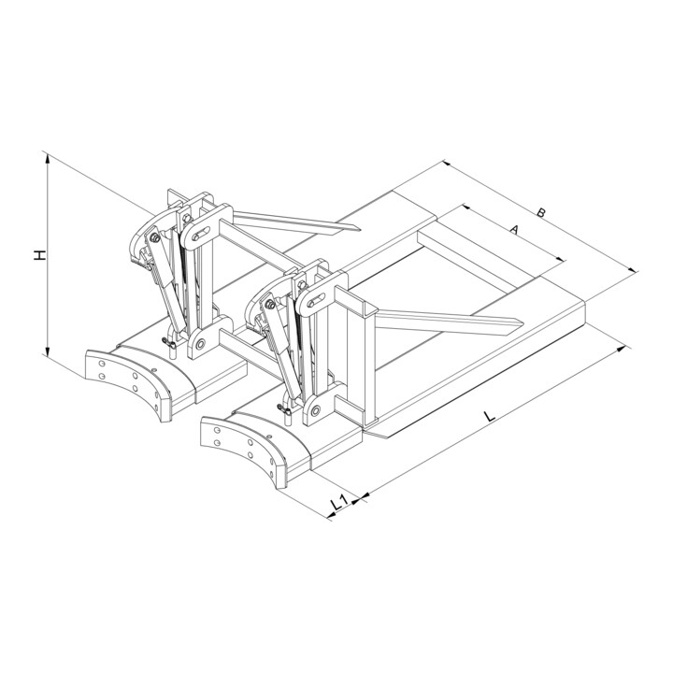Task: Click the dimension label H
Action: pos(39,254)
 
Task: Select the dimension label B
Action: pos(541,212)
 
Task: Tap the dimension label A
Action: pos(514,230)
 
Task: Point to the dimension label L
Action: pos(489,415)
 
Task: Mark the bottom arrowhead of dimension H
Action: pos(48,351)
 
